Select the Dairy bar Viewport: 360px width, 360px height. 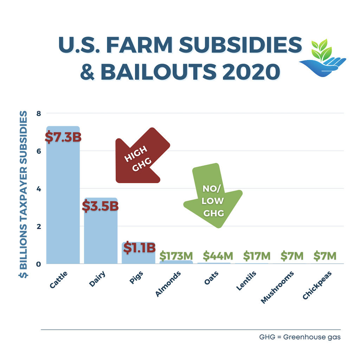[101, 239]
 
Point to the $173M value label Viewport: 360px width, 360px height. [176, 255]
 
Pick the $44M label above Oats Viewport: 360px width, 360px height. [214, 255]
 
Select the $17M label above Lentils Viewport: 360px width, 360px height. [252, 255]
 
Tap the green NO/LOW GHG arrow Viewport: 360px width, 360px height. [213, 197]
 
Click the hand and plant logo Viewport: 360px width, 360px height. [322, 57]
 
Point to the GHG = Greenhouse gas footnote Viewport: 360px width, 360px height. [300, 337]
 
